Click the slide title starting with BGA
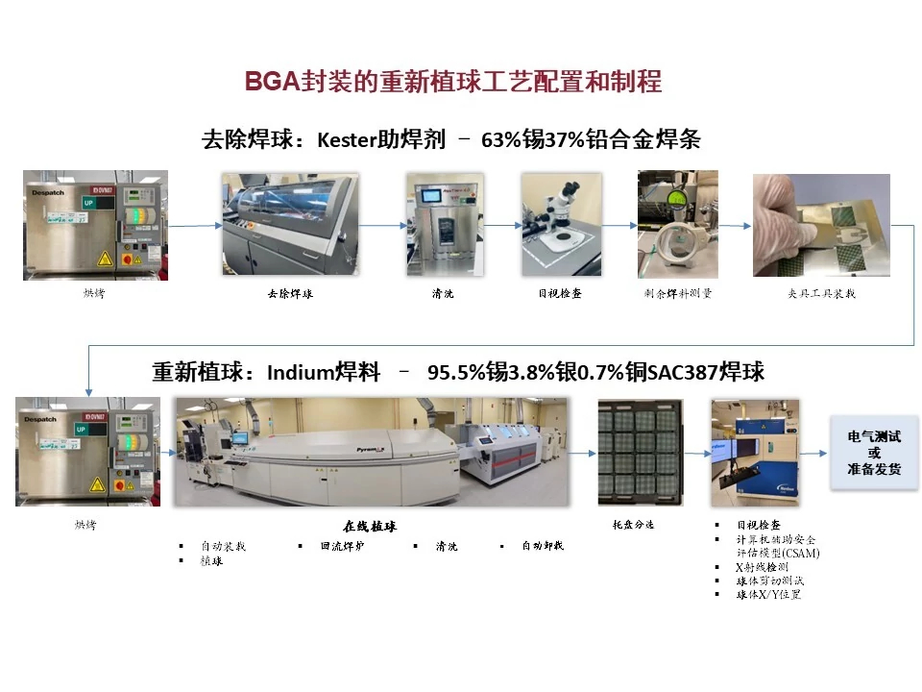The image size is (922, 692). (453, 82)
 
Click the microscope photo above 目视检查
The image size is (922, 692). (562, 224)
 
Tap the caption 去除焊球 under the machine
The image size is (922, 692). (290, 294)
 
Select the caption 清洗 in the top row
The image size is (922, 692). (443, 294)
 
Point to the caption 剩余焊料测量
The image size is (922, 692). (678, 294)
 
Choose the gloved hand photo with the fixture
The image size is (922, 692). (821, 225)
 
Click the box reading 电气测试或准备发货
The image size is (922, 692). (874, 453)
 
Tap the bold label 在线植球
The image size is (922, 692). (370, 527)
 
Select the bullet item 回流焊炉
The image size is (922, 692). (342, 547)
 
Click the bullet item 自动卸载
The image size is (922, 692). (543, 547)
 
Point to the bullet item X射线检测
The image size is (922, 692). (768, 568)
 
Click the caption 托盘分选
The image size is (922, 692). (633, 525)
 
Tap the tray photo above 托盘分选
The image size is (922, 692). (641, 453)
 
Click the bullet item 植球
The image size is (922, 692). (211, 560)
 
